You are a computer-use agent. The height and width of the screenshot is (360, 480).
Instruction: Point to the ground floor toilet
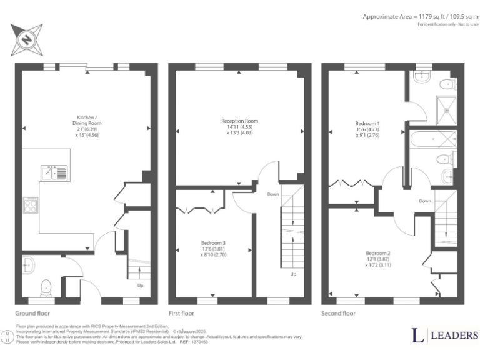46,287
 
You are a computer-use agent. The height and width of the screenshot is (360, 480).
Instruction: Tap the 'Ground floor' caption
32,314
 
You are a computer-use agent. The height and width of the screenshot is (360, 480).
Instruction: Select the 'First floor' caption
181,314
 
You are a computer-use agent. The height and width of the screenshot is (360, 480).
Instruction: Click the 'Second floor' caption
339,314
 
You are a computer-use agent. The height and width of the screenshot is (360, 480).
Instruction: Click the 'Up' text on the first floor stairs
292,274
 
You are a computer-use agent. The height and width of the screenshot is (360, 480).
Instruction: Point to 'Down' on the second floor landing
425,201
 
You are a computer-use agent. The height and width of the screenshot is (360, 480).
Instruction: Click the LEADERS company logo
445,336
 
